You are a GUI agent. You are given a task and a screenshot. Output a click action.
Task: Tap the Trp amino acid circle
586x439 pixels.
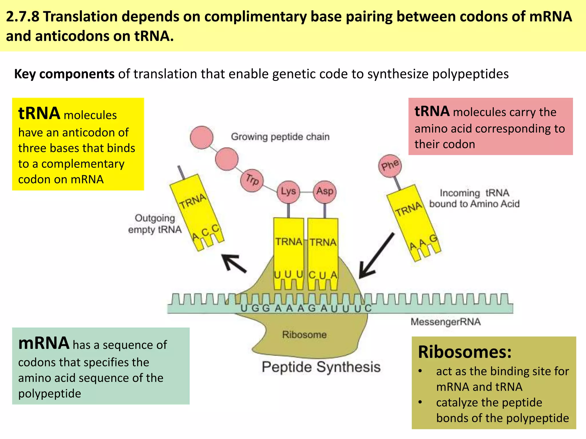[x=252, y=180]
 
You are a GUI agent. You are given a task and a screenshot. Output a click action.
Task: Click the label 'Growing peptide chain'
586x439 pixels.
[x=280, y=137]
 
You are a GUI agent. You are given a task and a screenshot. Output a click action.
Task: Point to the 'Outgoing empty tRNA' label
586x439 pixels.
[x=155, y=224]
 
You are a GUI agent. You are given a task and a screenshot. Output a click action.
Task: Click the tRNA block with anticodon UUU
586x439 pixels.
[x=288, y=252]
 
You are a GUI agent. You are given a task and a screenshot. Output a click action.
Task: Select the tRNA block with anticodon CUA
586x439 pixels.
[x=323, y=252]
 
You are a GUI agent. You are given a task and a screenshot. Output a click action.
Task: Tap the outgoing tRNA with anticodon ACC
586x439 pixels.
[x=197, y=213]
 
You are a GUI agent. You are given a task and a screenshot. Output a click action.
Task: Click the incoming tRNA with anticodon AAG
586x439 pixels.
[x=413, y=223]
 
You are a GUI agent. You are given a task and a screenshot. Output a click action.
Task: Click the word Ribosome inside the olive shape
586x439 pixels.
[x=304, y=335]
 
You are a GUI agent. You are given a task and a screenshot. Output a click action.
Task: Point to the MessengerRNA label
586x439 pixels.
[x=446, y=322]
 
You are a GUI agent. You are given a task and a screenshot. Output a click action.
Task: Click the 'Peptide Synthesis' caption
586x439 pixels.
[x=321, y=367]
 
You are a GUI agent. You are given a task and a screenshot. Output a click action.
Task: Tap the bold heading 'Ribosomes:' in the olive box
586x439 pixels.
[x=464, y=352]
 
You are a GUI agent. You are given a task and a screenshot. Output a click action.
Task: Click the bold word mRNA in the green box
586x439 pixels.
[x=43, y=343]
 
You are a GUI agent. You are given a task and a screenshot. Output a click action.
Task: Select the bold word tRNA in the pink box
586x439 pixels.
[x=432, y=111]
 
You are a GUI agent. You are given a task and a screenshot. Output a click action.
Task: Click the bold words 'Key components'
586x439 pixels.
[x=64, y=74]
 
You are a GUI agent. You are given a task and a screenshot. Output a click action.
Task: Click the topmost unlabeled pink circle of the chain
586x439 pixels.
[x=202, y=137]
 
